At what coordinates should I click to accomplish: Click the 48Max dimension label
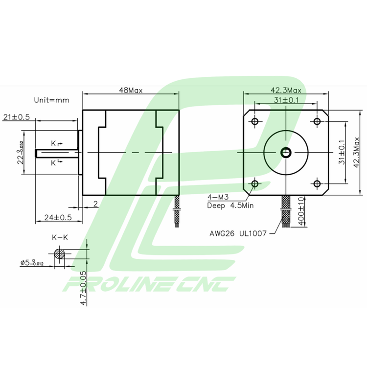[131, 90]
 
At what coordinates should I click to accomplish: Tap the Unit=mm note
[51, 100]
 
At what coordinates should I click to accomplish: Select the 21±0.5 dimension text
[17, 117]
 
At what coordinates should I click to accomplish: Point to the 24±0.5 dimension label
[58, 217]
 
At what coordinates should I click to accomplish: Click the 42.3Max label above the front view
[286, 90]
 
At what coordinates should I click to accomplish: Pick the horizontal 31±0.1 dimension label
[286, 100]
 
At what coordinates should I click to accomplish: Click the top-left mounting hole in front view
[254, 121]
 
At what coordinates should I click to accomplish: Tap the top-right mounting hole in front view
[317, 121]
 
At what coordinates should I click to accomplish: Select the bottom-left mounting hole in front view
[254, 184]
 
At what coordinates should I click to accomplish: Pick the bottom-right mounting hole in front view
[317, 184]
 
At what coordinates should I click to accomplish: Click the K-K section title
[60, 238]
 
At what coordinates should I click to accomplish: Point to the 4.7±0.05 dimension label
[84, 288]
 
